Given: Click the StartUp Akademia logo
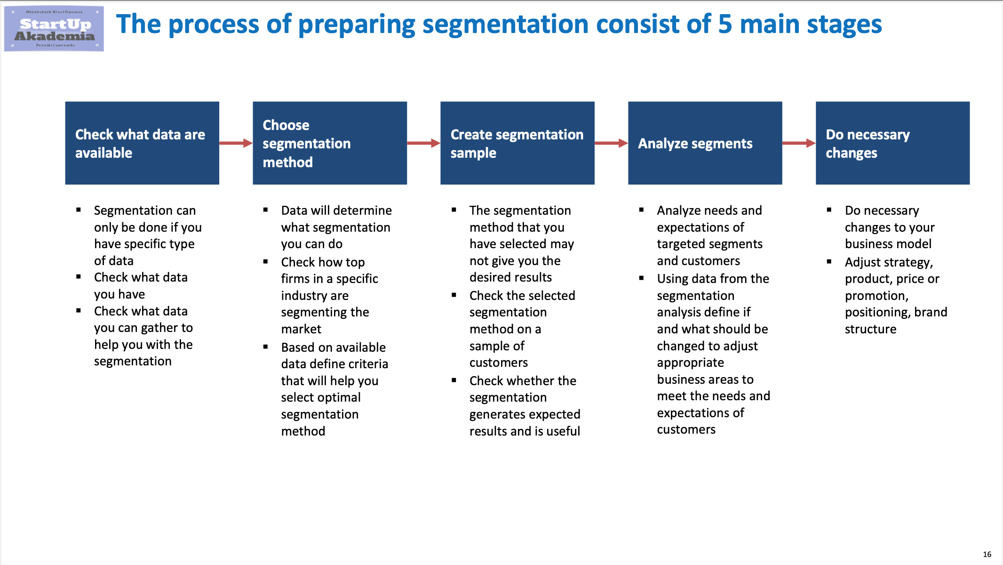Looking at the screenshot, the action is click(x=54, y=29).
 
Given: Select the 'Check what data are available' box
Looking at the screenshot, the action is click(x=142, y=143).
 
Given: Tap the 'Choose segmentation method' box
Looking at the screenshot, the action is click(x=330, y=143).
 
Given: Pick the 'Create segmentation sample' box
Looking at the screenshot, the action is click(x=517, y=143).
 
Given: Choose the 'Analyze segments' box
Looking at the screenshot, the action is click(x=705, y=143).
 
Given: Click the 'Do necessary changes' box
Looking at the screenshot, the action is click(x=893, y=143).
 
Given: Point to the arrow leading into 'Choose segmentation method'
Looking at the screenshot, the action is click(x=236, y=143).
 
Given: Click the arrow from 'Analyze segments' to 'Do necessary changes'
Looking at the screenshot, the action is click(x=799, y=143).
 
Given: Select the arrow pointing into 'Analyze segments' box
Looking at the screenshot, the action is click(x=612, y=143).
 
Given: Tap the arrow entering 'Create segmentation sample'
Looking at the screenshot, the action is click(x=424, y=143).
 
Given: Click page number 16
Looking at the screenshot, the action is click(x=987, y=554).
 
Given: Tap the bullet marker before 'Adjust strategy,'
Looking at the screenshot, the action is click(x=829, y=261).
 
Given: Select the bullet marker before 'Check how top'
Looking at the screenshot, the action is click(x=265, y=261).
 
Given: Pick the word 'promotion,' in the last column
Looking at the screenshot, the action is click(x=876, y=296).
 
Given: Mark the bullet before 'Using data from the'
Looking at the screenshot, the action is click(x=641, y=278).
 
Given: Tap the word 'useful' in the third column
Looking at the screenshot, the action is click(x=562, y=431).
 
